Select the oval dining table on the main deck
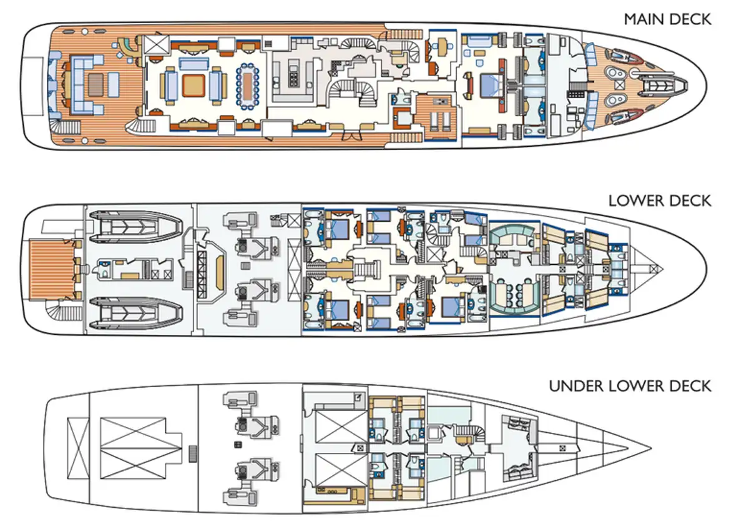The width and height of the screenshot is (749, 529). pos(248,86)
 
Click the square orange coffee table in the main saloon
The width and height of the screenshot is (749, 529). pos(193,86)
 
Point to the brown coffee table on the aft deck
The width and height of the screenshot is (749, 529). pos(96,86)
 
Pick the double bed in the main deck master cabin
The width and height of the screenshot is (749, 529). pos(492,86)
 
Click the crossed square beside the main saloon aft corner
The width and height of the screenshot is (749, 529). pos(156,44)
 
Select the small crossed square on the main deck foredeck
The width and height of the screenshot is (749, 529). pos(619,86)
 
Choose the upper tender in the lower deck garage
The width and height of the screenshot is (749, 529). pos(135,226)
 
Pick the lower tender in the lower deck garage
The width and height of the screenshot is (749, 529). pos(135,313)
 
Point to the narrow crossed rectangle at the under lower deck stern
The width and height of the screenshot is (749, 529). pos(78,448)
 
